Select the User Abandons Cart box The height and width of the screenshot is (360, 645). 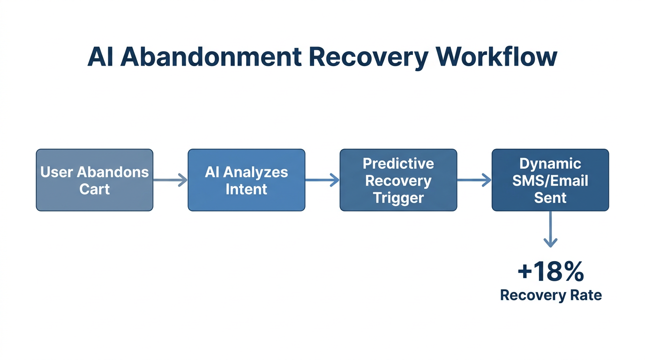point(94,180)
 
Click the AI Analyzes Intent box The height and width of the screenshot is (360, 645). point(246,180)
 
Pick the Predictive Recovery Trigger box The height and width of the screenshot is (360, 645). point(398,180)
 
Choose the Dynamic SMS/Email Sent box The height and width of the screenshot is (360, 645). point(550,180)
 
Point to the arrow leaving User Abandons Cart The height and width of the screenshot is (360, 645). point(170,180)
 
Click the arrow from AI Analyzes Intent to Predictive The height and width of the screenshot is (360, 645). point(322,180)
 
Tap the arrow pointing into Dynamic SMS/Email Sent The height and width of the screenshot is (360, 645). point(474,180)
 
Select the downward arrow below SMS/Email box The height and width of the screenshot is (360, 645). point(550,229)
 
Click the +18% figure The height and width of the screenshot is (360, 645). point(551,272)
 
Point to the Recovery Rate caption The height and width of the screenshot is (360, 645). point(551,295)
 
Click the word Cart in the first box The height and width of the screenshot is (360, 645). point(94,189)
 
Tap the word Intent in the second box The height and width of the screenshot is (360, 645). point(246,189)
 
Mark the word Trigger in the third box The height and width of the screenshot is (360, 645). point(398,198)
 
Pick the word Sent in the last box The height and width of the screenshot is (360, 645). point(550,198)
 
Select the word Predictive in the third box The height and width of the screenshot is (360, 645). point(398,164)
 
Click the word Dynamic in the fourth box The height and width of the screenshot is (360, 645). point(550,164)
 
